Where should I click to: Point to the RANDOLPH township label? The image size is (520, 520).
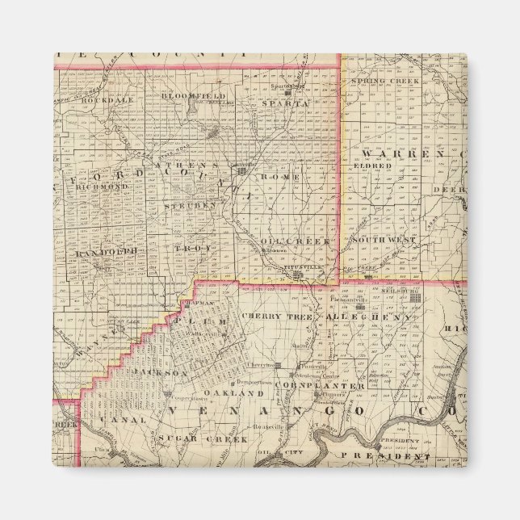click(x=103, y=253)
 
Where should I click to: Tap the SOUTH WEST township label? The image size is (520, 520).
click(x=384, y=241)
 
